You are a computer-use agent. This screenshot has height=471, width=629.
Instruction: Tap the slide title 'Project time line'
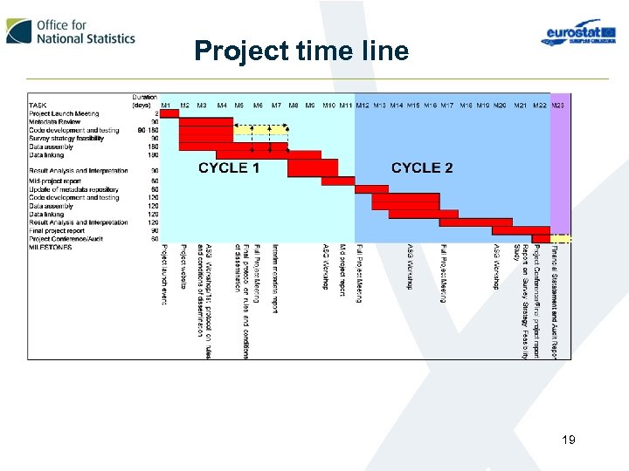click(301, 51)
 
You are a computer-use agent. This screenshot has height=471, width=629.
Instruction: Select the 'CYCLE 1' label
click(229, 167)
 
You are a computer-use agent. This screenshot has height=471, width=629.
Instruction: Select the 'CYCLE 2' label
click(422, 167)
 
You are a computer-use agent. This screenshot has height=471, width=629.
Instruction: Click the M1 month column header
click(166, 106)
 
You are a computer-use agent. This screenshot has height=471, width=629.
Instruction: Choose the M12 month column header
click(363, 106)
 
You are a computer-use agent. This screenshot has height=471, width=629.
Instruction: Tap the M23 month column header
click(558, 106)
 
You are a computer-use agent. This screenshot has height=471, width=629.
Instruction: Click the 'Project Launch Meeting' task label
click(64, 113)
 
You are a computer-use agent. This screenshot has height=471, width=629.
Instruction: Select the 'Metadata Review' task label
click(55, 122)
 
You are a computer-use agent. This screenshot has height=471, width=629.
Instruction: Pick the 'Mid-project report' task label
click(56, 181)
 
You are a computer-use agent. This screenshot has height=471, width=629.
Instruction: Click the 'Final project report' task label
click(57, 230)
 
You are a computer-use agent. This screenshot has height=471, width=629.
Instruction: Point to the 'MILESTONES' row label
click(51, 247)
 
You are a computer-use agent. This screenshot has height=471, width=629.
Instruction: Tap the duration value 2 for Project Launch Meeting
click(156, 113)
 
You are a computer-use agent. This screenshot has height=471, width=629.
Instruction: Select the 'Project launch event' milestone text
click(163, 275)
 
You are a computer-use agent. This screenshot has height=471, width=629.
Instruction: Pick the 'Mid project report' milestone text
click(342, 270)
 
